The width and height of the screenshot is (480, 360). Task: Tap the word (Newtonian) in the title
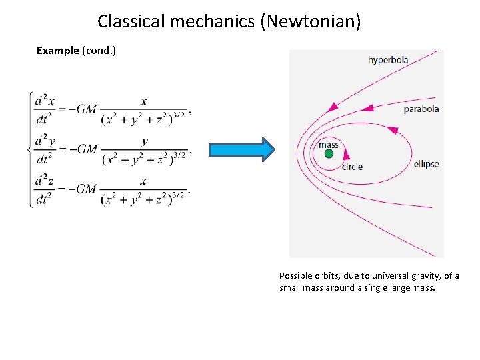click(x=311, y=21)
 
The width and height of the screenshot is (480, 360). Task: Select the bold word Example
click(x=57, y=51)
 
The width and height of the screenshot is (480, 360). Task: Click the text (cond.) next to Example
click(x=99, y=51)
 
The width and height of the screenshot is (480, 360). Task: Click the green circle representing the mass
click(x=329, y=154)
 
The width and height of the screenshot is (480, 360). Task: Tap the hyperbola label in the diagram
click(x=388, y=60)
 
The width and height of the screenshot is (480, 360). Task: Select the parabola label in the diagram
click(x=421, y=109)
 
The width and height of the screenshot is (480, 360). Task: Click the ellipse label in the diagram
click(x=426, y=163)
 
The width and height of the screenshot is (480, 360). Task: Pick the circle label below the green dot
click(x=351, y=166)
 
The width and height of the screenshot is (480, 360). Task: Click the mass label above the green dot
click(x=328, y=144)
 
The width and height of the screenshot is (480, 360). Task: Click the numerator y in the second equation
click(x=145, y=141)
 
